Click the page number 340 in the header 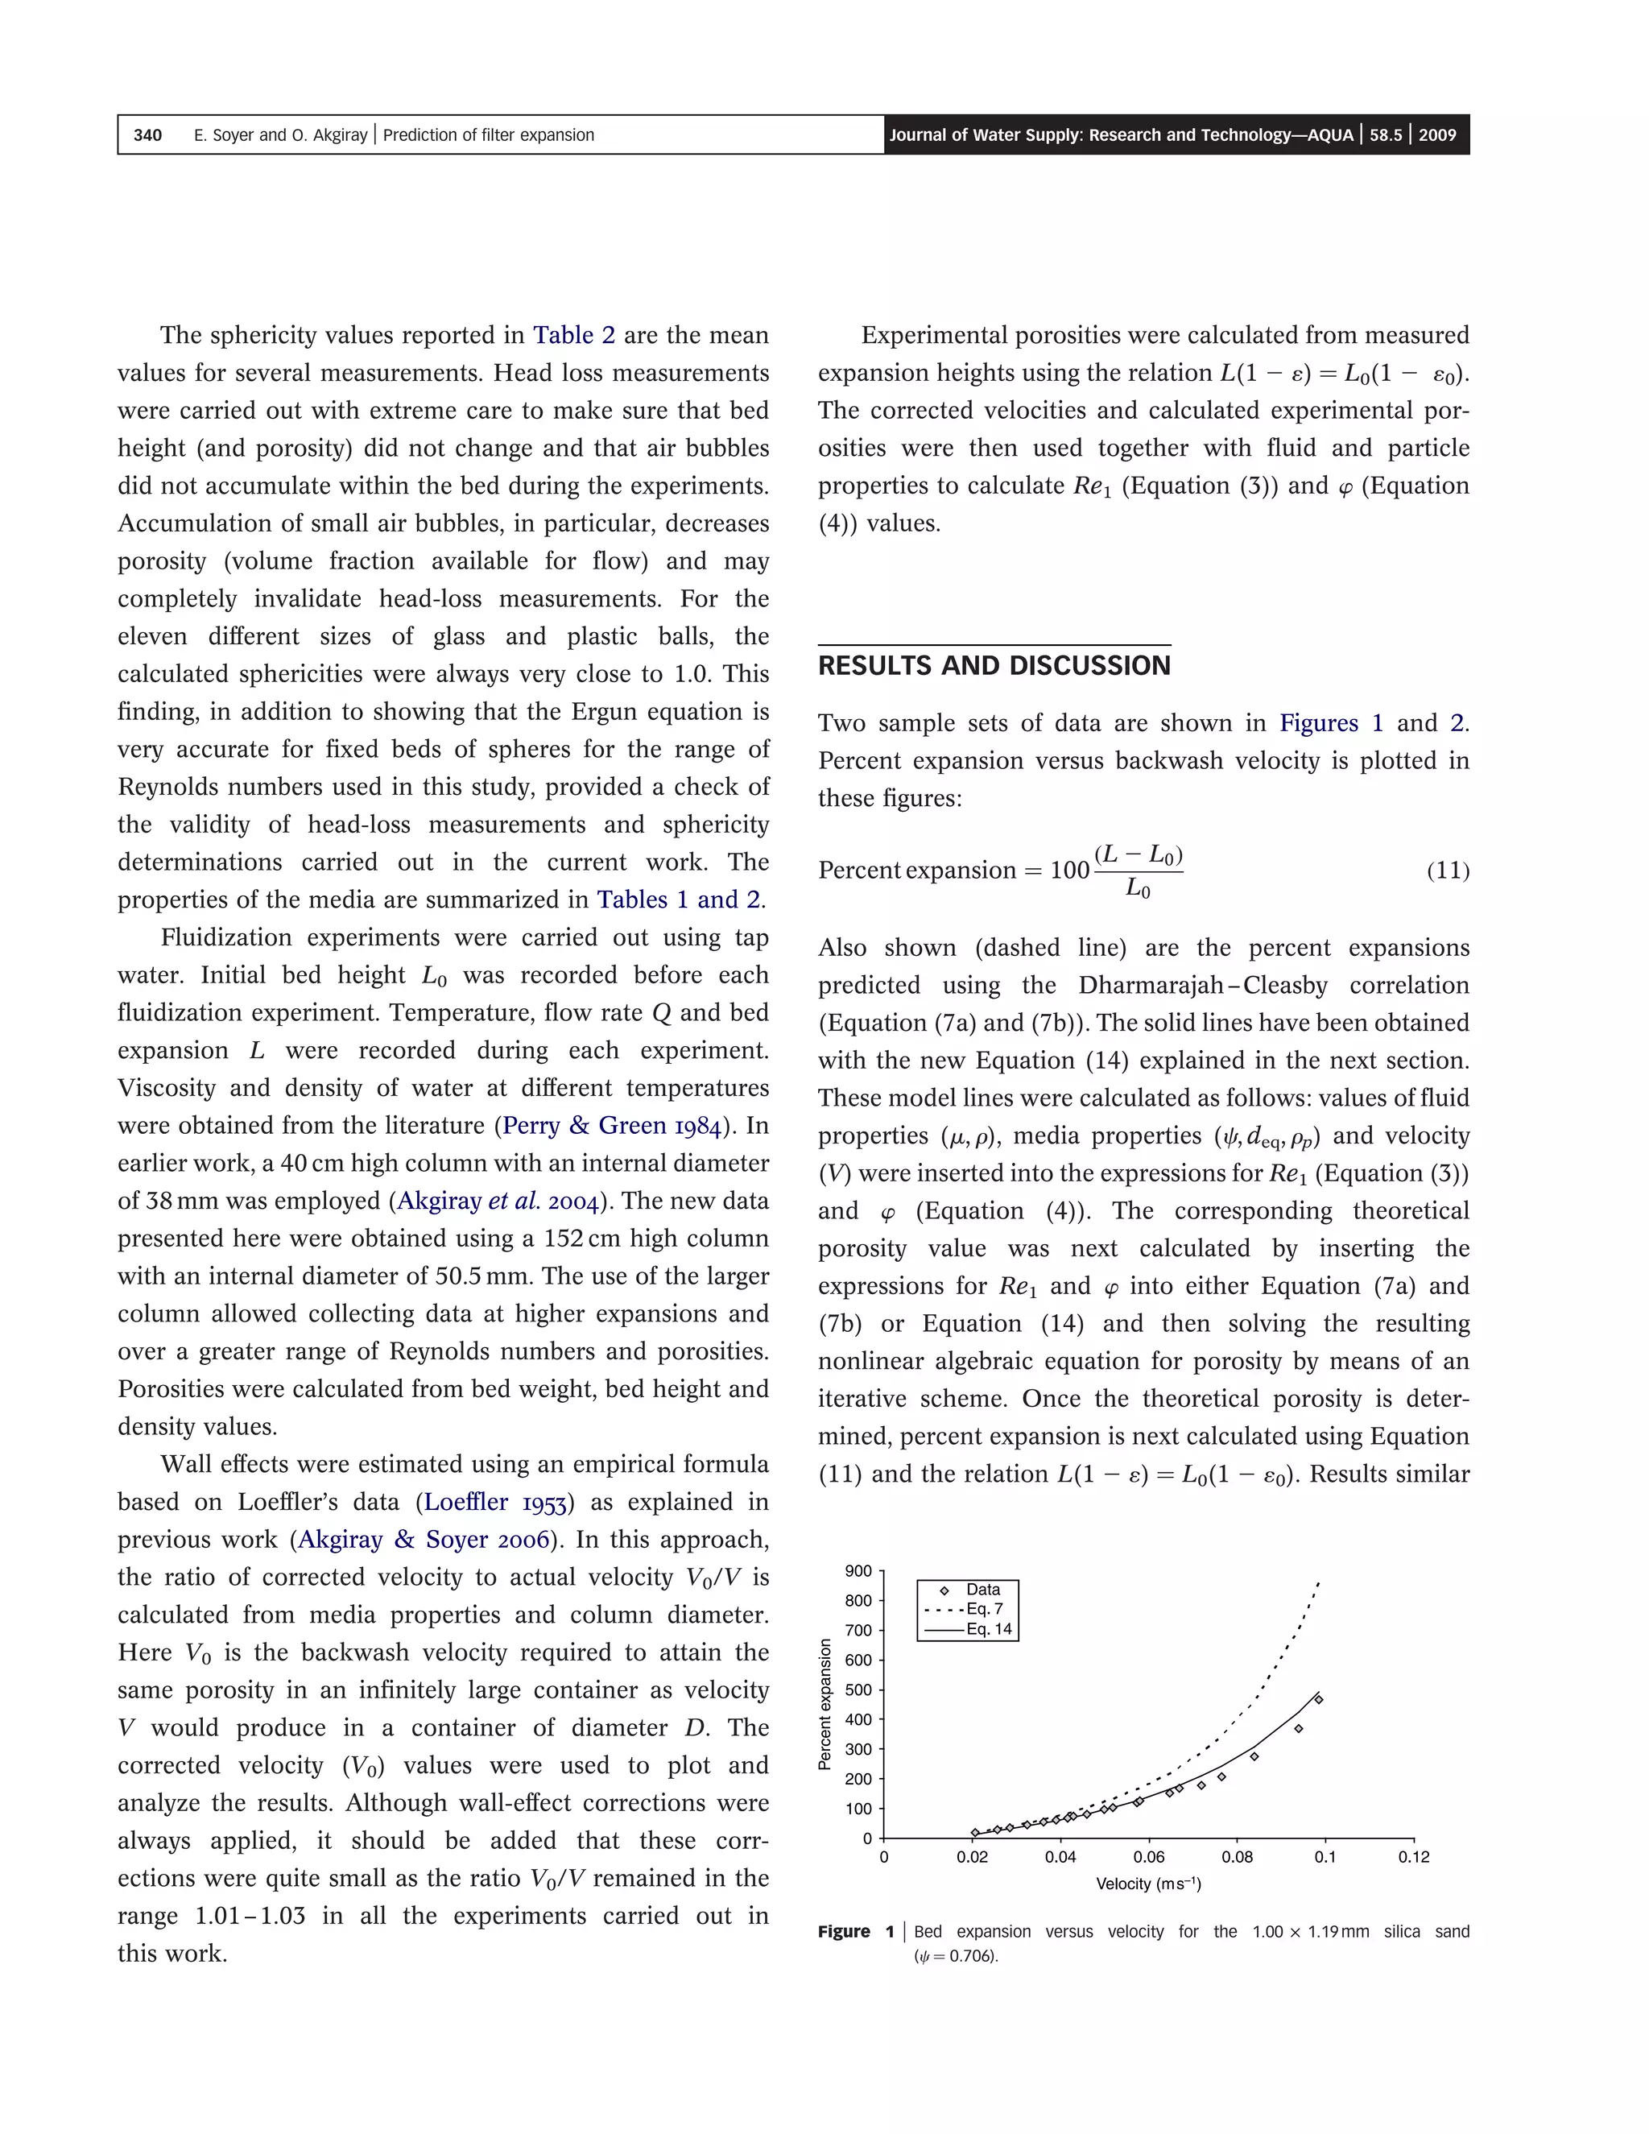(147, 134)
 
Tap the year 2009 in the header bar (1437, 134)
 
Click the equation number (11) (1448, 870)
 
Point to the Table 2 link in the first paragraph (573, 335)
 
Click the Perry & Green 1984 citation (613, 1126)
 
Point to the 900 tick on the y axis (858, 1570)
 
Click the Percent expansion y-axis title (824, 1704)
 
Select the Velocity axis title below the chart (1148, 1884)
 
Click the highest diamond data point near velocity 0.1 (1319, 1699)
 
